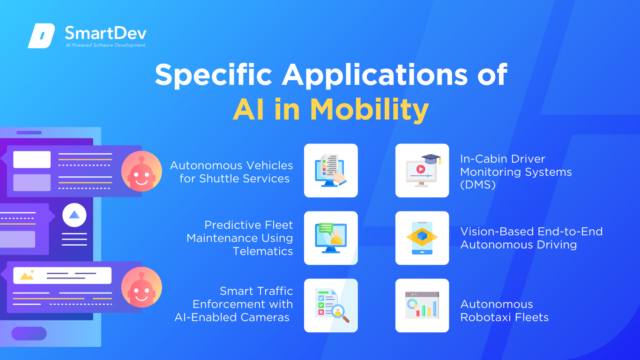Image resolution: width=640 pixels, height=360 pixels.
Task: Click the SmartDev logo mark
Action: tap(41, 36)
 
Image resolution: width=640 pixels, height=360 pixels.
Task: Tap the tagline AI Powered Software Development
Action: tap(105, 45)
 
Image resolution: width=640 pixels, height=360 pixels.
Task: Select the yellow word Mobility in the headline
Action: tap(369, 110)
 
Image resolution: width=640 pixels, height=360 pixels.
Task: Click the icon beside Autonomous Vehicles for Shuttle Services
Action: tap(331, 171)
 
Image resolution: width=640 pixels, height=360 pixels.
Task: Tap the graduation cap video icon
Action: tap(422, 171)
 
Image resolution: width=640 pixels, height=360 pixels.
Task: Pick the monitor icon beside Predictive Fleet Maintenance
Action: tap(331, 238)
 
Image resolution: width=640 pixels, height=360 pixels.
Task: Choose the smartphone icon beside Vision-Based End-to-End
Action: tap(422, 238)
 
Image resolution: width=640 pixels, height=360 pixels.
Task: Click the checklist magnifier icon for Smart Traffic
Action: tap(331, 305)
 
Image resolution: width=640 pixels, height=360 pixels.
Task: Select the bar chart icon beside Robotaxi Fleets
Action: tap(422, 305)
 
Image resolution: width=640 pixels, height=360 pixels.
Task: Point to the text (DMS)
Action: tap(478, 185)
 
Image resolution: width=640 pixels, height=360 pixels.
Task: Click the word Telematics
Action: tap(263, 251)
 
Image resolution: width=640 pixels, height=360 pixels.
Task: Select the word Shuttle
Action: tap(219, 179)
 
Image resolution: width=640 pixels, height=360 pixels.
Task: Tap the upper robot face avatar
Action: tap(141, 171)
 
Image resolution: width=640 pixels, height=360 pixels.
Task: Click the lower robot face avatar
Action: tap(141, 287)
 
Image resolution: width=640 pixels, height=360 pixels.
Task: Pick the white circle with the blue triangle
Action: tap(74, 215)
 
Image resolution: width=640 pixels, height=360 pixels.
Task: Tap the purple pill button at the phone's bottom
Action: tap(29, 333)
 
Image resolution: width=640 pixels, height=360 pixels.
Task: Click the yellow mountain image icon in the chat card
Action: tap(27, 275)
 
